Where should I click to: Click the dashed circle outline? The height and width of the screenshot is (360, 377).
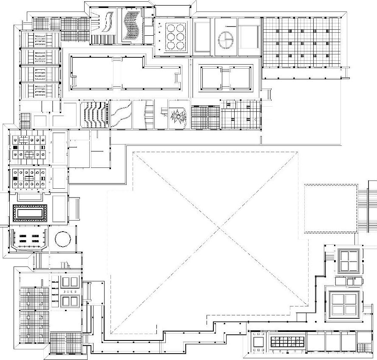[x=62, y=238]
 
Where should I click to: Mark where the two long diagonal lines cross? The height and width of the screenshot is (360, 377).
[x=219, y=229]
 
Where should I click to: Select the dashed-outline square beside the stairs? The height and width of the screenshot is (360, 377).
[x=331, y=208]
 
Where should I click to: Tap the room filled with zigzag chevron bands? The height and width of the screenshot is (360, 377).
[x=95, y=114]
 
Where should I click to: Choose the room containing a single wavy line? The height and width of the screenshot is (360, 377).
[x=121, y=114]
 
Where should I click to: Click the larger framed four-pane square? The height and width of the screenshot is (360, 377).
[x=344, y=304]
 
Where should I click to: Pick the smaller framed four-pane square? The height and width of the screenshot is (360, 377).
[x=348, y=261]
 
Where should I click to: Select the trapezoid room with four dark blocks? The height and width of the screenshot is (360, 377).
[x=28, y=239]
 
